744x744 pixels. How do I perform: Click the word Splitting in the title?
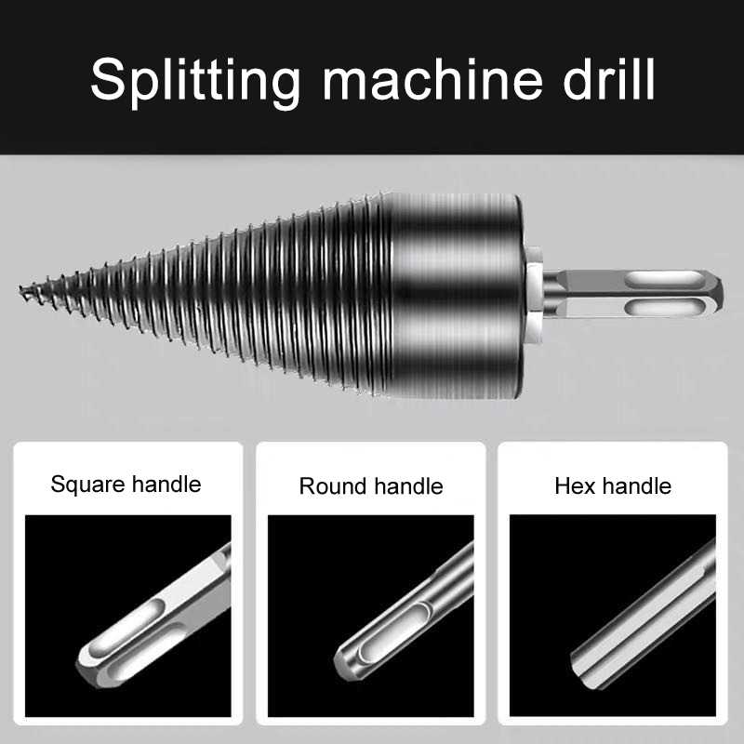[x=195, y=81]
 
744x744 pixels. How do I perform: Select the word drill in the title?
[x=609, y=78]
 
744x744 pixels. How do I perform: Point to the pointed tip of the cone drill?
[x=20, y=288]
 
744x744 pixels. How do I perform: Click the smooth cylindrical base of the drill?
[x=457, y=296]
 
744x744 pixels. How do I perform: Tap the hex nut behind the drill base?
[x=534, y=296]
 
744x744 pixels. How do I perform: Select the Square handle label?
[x=126, y=485]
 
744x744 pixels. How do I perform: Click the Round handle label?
[x=371, y=486]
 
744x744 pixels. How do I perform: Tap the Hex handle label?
[x=613, y=486]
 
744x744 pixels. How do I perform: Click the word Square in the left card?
[x=87, y=485]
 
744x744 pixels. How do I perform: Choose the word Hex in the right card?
[x=575, y=486]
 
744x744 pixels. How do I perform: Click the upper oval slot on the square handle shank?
[x=125, y=625]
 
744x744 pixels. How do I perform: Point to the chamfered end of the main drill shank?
[x=716, y=294]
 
